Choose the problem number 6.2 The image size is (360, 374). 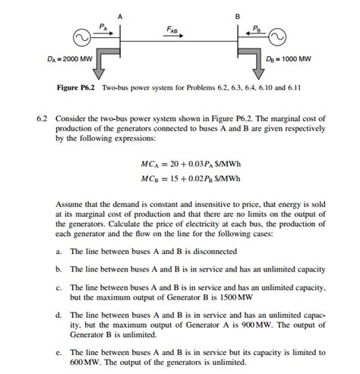[42, 120]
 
